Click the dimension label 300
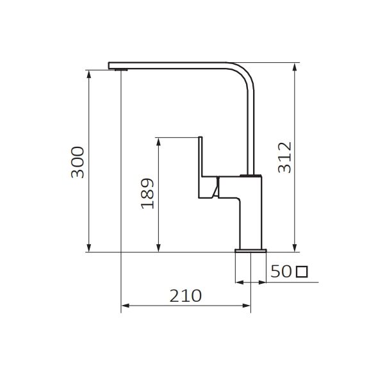pyautogui.click(x=78, y=162)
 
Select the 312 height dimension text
pyautogui.click(x=284, y=158)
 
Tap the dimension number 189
pyautogui.click(x=147, y=193)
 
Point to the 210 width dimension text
pyautogui.click(x=185, y=295)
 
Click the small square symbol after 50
pyautogui.click(x=302, y=272)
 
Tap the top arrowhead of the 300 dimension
pyautogui.click(x=89, y=74)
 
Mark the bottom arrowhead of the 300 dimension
pyautogui.click(x=89, y=248)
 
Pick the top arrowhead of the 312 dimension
pyautogui.click(x=294, y=67)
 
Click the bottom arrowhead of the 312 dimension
pyautogui.click(x=294, y=248)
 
